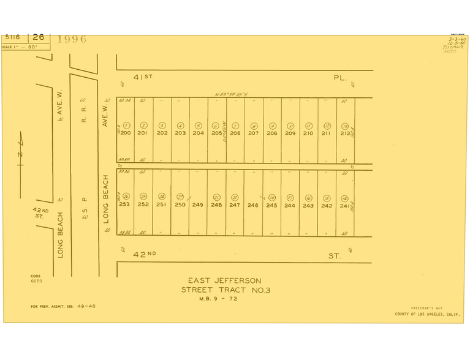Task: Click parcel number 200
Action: (126, 133)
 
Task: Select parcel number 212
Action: (344, 133)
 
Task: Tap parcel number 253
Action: (124, 204)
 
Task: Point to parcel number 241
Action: (344, 205)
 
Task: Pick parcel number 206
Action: (235, 133)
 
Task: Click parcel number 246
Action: (253, 205)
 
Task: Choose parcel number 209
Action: (290, 133)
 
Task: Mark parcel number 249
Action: (197, 205)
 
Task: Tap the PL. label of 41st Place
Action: (340, 78)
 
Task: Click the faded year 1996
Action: (72, 40)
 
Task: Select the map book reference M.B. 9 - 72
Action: (218, 299)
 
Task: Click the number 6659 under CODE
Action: (36, 281)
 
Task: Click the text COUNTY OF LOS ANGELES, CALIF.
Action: (428, 314)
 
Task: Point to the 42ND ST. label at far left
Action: (39, 212)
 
